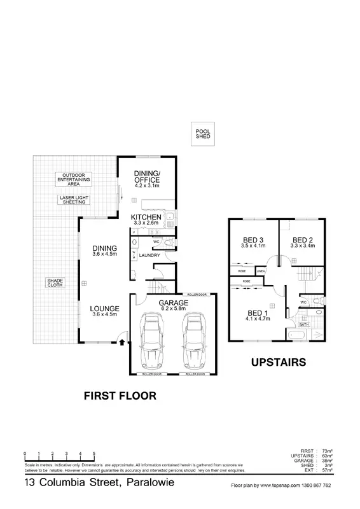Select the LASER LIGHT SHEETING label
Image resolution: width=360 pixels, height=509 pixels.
click(x=75, y=200)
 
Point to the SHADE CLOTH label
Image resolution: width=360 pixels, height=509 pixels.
click(x=55, y=282)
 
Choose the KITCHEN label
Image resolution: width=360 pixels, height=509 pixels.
click(x=146, y=218)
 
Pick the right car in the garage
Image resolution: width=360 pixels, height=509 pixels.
click(x=195, y=342)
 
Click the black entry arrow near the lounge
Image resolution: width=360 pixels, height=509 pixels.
click(x=121, y=342)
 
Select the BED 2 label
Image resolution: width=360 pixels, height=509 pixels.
click(x=301, y=240)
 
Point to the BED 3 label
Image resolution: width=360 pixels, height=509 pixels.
click(x=253, y=240)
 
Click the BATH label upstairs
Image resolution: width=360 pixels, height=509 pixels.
click(x=304, y=324)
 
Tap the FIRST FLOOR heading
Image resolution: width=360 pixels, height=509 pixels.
click(x=120, y=396)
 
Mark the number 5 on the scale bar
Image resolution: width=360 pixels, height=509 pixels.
click(x=94, y=453)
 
